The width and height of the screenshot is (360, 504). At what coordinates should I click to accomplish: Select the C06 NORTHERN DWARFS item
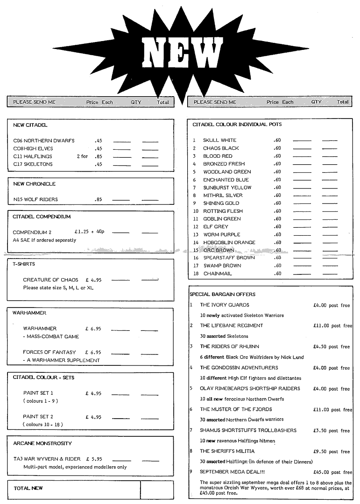coord(44,140)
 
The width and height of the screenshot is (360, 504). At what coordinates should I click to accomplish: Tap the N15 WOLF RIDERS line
coord(35,200)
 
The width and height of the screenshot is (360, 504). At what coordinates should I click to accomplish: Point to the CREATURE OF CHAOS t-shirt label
coord(50,280)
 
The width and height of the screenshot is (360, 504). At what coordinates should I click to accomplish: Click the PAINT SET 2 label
coord(38,417)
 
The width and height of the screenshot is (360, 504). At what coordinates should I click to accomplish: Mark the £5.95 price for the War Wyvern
coord(93,459)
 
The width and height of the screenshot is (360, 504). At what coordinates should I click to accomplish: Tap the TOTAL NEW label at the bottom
coord(28,488)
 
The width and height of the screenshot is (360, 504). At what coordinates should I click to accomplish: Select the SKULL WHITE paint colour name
coord(219,140)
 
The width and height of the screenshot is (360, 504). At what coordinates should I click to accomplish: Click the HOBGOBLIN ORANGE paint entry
coord(229,243)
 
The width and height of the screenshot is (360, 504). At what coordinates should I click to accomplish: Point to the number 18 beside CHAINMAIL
coord(196,274)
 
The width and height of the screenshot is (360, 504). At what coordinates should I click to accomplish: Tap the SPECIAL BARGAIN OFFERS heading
coord(222,294)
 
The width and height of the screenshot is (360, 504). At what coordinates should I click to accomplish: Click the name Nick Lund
coord(292,357)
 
